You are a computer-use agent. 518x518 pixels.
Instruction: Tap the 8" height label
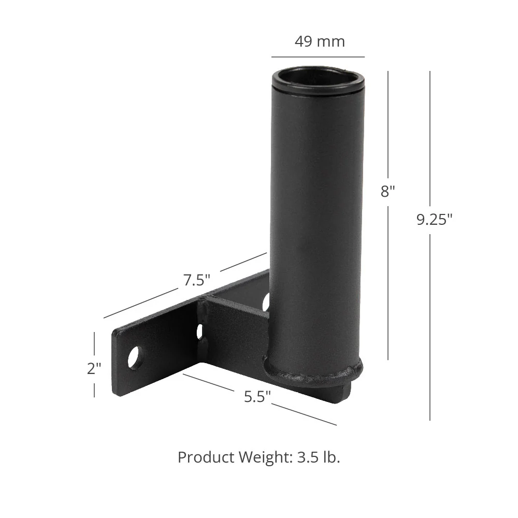tap(387, 191)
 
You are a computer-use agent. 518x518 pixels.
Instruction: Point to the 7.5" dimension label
tap(196, 280)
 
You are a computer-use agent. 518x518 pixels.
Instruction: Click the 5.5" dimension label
tap(257, 397)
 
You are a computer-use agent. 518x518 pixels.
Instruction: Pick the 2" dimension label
tap(94, 369)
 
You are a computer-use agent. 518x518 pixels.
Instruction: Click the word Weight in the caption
tap(265, 457)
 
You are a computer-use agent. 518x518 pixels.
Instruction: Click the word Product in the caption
tap(206, 457)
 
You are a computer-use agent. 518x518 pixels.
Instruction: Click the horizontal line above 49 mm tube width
tap(318, 56)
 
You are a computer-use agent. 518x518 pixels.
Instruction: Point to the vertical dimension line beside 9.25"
tap(429, 321)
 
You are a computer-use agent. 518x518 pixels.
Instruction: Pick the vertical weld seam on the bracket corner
tap(207, 321)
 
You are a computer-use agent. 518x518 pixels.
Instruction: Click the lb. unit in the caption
tap(330, 457)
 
